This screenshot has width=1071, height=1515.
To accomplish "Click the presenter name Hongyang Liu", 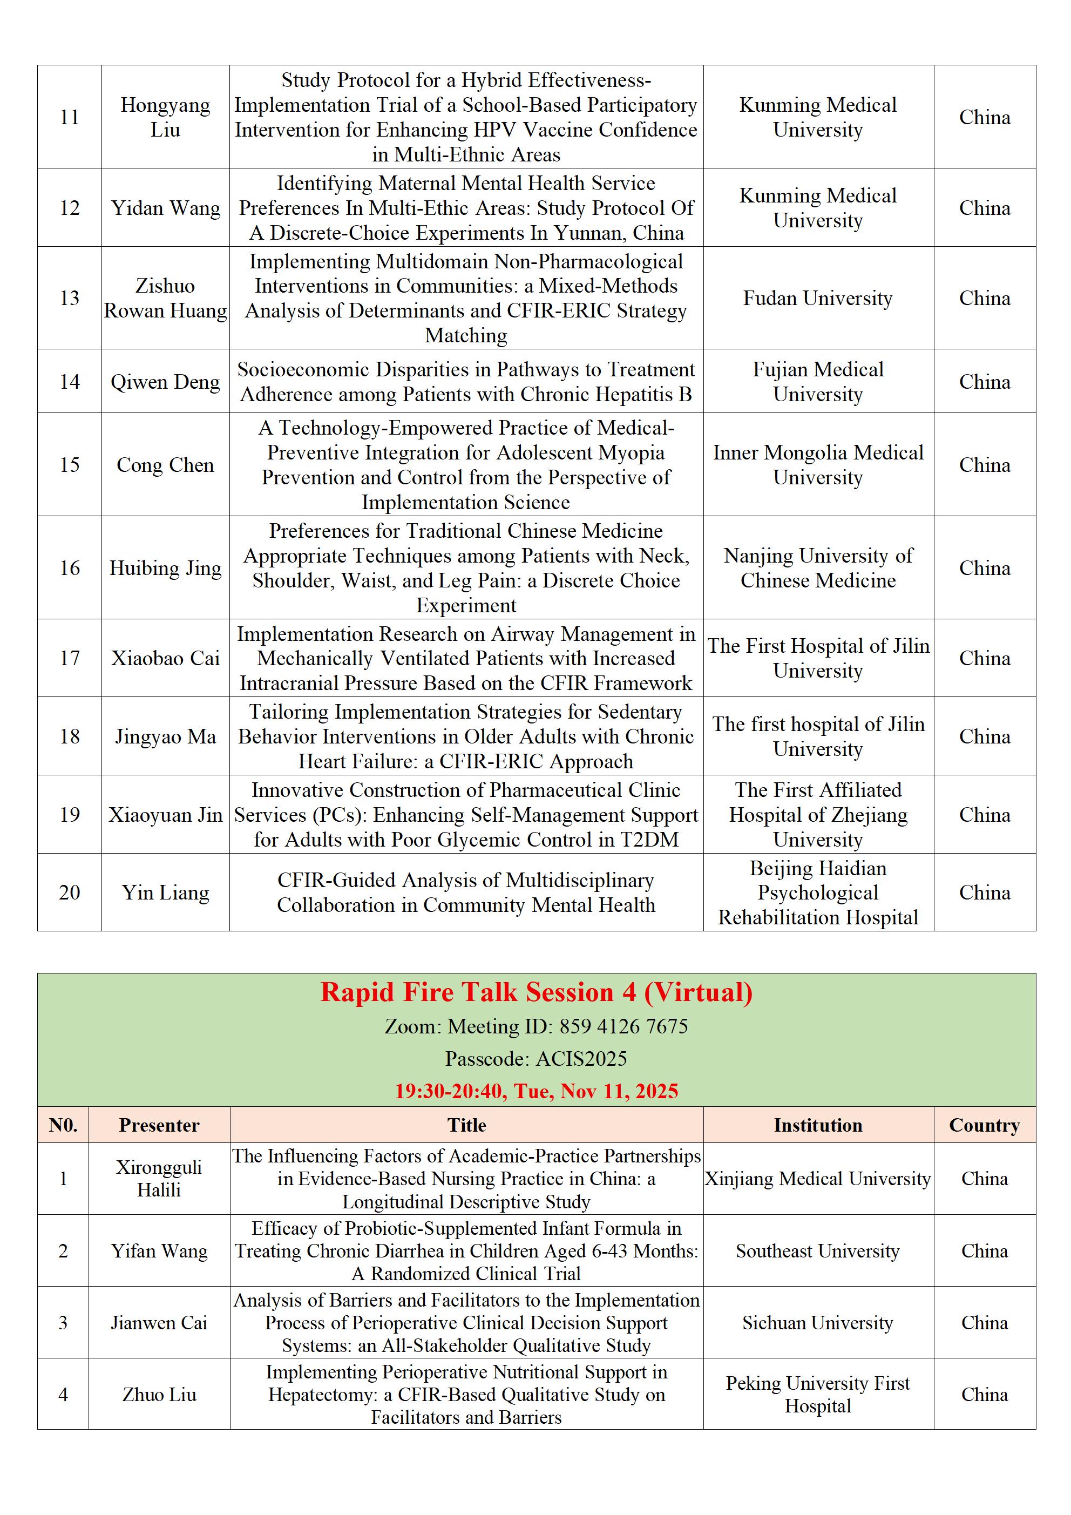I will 165,117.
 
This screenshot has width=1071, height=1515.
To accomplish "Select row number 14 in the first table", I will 69,381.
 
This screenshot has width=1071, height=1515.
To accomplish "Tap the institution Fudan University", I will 818,298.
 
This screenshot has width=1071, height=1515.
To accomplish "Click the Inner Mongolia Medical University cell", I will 818,464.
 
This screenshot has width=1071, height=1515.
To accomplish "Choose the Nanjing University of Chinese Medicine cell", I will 818,567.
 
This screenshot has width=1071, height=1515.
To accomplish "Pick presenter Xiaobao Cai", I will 165,658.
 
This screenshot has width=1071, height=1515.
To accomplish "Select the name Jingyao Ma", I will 165,736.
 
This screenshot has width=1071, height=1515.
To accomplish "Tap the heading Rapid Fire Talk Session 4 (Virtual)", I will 536,992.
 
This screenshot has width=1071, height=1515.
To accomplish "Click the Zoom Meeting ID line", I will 536,1026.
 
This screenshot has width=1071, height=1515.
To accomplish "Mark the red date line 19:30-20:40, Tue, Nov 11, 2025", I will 536,1091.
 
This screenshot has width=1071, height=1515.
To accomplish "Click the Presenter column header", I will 159,1125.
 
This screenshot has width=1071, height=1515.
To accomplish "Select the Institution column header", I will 818,1125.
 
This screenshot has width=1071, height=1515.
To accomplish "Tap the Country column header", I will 984,1125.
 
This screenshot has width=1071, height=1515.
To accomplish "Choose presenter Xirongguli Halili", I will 159,1179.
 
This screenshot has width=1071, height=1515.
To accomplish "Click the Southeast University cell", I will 818,1250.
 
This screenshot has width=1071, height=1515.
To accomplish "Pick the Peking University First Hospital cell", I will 818,1394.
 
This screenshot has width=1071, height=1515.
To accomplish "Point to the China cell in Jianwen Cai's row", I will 984,1322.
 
